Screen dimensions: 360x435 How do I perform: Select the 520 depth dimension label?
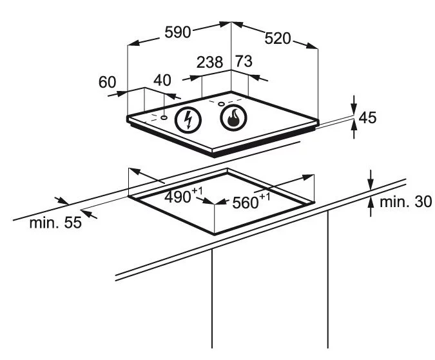click(278, 38)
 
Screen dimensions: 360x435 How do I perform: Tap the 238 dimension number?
click(209, 63)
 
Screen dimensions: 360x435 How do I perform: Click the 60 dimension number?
click(107, 82)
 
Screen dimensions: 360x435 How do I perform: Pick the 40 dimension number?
click(163, 80)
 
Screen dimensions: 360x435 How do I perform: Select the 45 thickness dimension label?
click(367, 117)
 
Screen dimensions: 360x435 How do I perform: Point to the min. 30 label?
click(405, 202)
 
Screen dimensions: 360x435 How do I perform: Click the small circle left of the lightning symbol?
click(164, 117)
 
